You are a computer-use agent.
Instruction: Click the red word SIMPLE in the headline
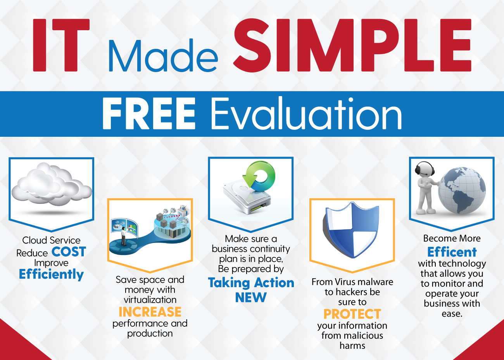click(x=352, y=45)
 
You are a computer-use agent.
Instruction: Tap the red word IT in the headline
click(x=61, y=45)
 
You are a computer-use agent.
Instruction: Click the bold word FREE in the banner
click(x=149, y=113)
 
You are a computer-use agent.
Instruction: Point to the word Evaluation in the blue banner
click(x=306, y=113)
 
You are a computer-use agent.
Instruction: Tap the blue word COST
click(x=69, y=251)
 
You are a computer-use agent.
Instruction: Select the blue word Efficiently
click(x=51, y=274)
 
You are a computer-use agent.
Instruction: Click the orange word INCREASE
click(x=150, y=312)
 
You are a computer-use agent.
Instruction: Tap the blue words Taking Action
click(x=251, y=282)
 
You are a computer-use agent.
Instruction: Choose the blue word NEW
click(x=251, y=297)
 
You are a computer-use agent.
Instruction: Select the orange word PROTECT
click(x=352, y=314)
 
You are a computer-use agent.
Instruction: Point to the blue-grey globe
click(x=461, y=190)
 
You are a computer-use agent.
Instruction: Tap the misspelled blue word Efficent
click(x=452, y=252)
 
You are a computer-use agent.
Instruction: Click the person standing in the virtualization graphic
click(x=124, y=236)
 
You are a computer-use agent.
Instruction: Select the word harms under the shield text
click(x=352, y=346)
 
